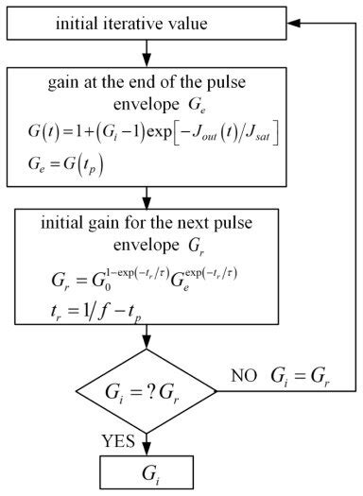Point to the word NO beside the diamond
tap(242, 376)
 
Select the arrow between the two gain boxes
tap(147, 199)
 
